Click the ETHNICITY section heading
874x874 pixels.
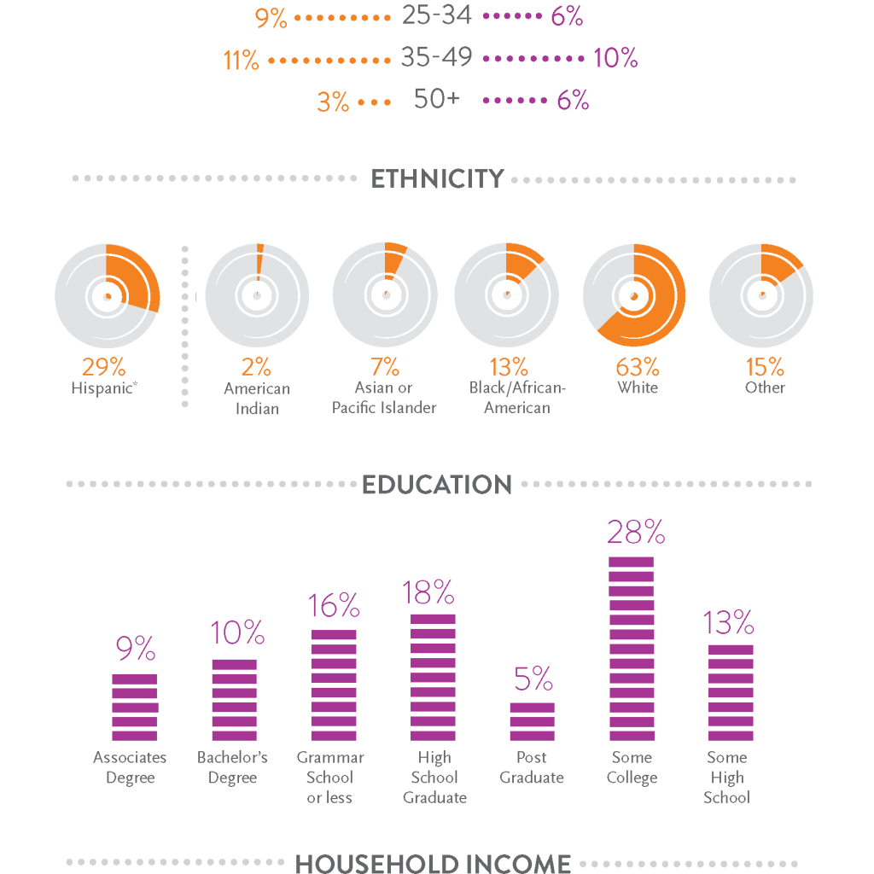[437, 180]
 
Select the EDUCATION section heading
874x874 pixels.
[437, 485]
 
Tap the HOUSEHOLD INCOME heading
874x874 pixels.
[433, 863]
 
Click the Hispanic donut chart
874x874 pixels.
[107, 295]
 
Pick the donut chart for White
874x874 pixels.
[634, 295]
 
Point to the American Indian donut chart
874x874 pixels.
[258, 295]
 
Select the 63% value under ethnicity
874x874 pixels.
[638, 367]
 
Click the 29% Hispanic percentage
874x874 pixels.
[103, 367]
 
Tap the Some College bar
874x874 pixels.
[632, 649]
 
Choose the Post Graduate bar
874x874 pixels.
[533, 721]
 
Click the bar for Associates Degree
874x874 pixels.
[135, 707]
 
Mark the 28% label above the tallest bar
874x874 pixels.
[636, 533]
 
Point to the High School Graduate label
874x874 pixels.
[434, 778]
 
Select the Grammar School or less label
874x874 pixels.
[330, 778]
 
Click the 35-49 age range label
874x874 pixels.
[436, 58]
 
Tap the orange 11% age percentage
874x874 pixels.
[242, 61]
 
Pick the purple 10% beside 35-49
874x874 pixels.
[615, 58]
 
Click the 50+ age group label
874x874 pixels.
[436, 99]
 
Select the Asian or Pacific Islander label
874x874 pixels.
[384, 398]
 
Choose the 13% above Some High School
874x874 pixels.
[729, 623]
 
